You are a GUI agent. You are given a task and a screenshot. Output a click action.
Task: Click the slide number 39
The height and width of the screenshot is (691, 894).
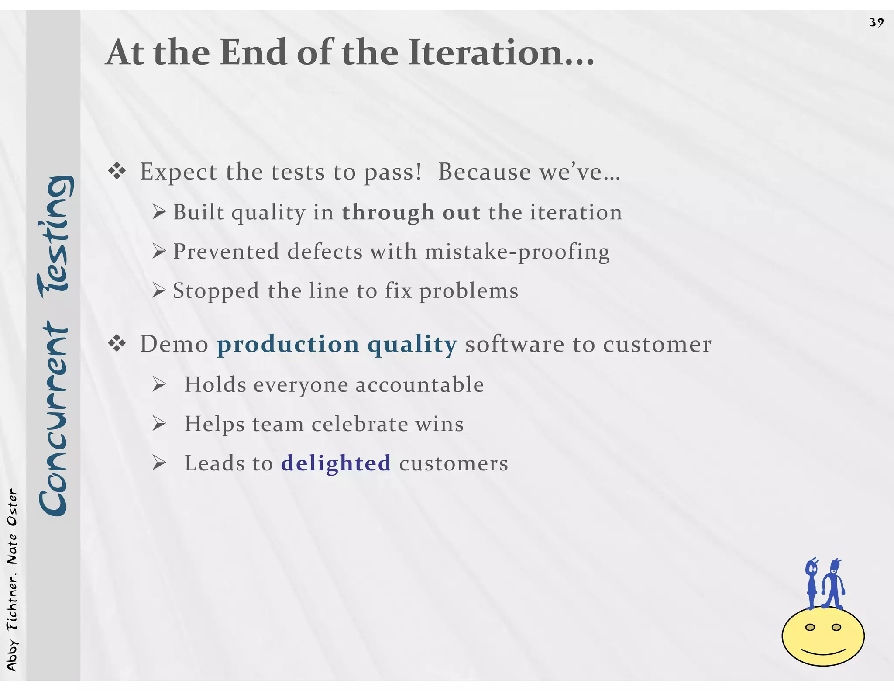[876, 22]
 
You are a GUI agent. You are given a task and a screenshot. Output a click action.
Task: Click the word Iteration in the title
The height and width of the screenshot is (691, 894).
[501, 52]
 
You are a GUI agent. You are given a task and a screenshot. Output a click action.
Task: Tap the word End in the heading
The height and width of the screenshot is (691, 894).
[254, 52]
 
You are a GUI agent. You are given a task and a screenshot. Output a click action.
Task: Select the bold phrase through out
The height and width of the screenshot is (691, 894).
[411, 212]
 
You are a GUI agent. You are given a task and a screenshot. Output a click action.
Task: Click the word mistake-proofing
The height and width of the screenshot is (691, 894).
[517, 252]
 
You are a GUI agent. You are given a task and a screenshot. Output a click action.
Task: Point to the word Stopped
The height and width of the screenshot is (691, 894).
[216, 291]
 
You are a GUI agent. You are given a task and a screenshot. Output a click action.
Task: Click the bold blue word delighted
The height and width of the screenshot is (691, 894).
[336, 463]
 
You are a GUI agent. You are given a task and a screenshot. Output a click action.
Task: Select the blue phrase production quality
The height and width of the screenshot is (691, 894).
[337, 344]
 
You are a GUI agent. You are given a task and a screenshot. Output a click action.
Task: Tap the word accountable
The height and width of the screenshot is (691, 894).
[419, 385]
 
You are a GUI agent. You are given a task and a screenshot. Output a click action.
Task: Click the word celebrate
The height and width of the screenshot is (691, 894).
[360, 424]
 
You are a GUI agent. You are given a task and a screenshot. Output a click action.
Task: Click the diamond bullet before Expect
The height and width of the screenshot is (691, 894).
[117, 172]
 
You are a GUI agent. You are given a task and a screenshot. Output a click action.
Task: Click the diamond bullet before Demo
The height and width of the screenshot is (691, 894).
[117, 344]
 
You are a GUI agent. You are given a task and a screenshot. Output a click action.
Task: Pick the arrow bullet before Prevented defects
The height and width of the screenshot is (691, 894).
[159, 251]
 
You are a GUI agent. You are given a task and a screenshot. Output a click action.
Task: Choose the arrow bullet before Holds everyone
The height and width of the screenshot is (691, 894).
[159, 385]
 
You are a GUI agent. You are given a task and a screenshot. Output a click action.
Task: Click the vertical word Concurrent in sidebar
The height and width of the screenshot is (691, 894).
[53, 419]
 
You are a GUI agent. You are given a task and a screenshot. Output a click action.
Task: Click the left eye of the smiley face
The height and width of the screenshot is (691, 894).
[810, 627]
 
